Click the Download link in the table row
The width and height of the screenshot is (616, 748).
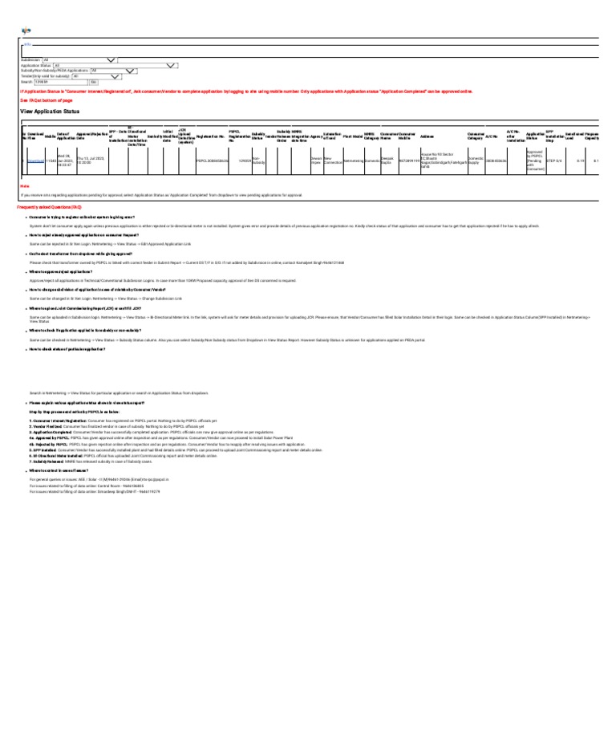point(36,161)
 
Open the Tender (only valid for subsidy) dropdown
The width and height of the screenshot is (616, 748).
point(96,76)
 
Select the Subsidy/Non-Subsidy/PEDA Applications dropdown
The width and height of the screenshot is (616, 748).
point(115,71)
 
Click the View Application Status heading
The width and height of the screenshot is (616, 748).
point(50,111)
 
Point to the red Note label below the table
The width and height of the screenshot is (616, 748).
point(24,185)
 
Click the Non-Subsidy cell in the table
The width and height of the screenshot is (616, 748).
point(258,161)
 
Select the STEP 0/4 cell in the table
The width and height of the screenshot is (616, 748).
point(553,161)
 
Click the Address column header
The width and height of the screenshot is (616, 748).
point(428,136)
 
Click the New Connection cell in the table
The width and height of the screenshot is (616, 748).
point(332,161)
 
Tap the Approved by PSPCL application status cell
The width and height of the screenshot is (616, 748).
point(535,161)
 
